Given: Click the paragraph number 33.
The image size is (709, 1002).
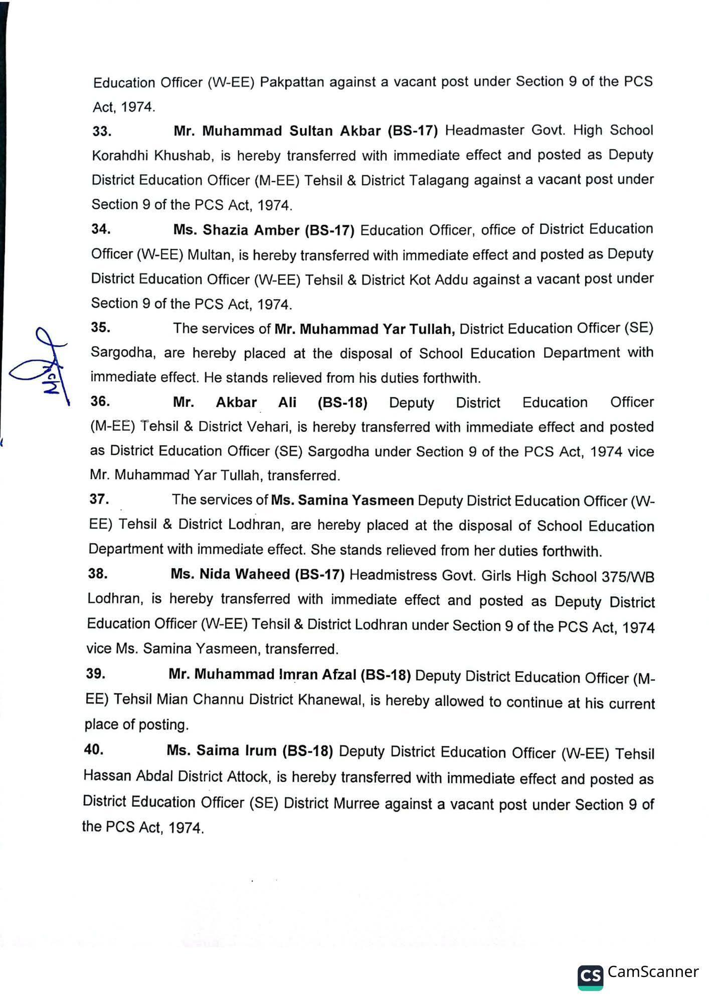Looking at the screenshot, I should pos(102,131).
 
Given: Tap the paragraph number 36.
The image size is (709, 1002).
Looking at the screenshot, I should pos(100,401).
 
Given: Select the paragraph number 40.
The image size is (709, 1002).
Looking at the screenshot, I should pos(94,749).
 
